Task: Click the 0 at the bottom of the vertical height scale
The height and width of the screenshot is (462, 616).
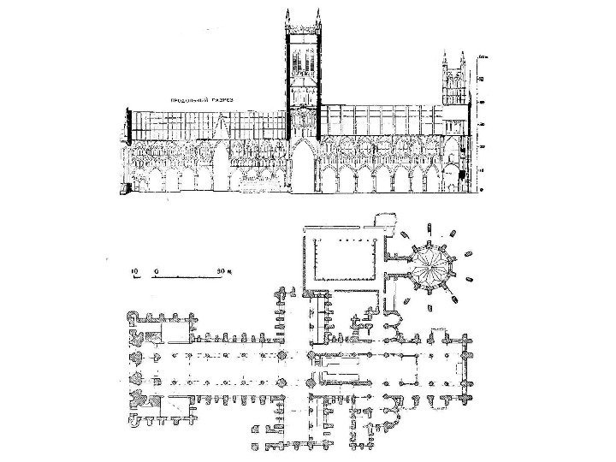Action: coord(482,190)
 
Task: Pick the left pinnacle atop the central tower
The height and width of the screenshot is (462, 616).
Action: coord(287,19)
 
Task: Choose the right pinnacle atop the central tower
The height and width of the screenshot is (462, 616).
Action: coord(318,19)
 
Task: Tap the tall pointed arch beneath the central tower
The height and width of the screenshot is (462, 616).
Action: coord(303,168)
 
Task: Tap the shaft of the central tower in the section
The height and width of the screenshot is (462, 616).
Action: coord(303,77)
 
